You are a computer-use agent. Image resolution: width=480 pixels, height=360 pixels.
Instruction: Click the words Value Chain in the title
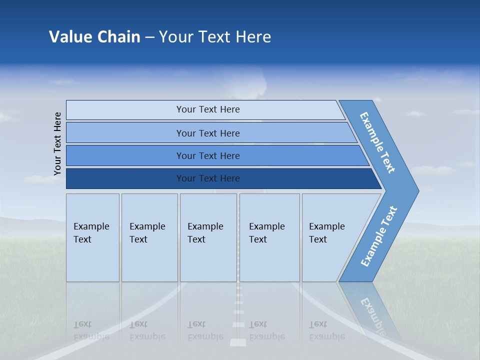[x=94, y=36]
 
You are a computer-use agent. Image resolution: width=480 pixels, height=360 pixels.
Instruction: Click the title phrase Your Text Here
[x=215, y=36]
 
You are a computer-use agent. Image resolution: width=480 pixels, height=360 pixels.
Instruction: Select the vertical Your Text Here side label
[x=57, y=143]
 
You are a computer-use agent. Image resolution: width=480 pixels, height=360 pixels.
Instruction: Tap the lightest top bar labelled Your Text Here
[x=208, y=109]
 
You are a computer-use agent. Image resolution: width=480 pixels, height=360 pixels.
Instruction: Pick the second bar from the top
[x=208, y=133]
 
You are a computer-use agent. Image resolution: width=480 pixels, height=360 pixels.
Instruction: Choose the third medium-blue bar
[x=208, y=155]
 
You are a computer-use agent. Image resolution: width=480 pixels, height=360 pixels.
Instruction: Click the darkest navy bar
[x=208, y=178]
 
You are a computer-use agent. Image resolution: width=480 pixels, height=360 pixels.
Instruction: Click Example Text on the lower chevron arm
[x=378, y=236]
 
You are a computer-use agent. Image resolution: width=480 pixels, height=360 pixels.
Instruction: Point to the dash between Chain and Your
[x=149, y=37]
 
